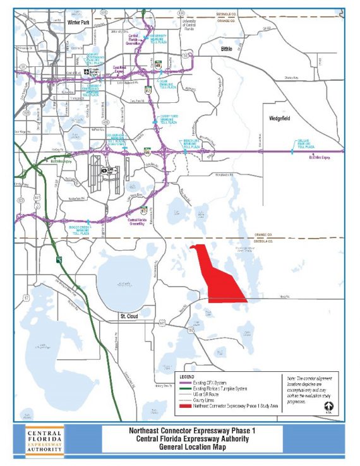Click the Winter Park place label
tap(77, 22)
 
